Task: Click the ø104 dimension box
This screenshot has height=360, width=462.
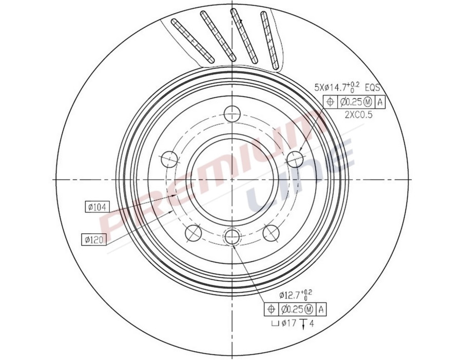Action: pyautogui.click(x=97, y=207)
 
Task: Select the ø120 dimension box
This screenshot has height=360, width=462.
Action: pyautogui.click(x=94, y=238)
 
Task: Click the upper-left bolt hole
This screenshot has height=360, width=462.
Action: pyautogui.click(x=169, y=160)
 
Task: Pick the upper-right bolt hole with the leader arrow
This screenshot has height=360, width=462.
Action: pyautogui.click(x=295, y=159)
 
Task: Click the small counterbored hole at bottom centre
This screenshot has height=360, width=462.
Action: pyautogui.click(x=233, y=237)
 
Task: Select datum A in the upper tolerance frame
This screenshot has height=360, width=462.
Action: pyautogui.click(x=380, y=102)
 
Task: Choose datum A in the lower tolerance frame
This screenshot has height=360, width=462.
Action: pyautogui.click(x=321, y=309)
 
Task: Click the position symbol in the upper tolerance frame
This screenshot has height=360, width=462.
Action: pyautogui.click(x=330, y=102)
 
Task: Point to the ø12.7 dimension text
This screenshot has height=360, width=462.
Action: pyautogui.click(x=296, y=295)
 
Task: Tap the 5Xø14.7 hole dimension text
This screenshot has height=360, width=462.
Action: pyautogui.click(x=336, y=87)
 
